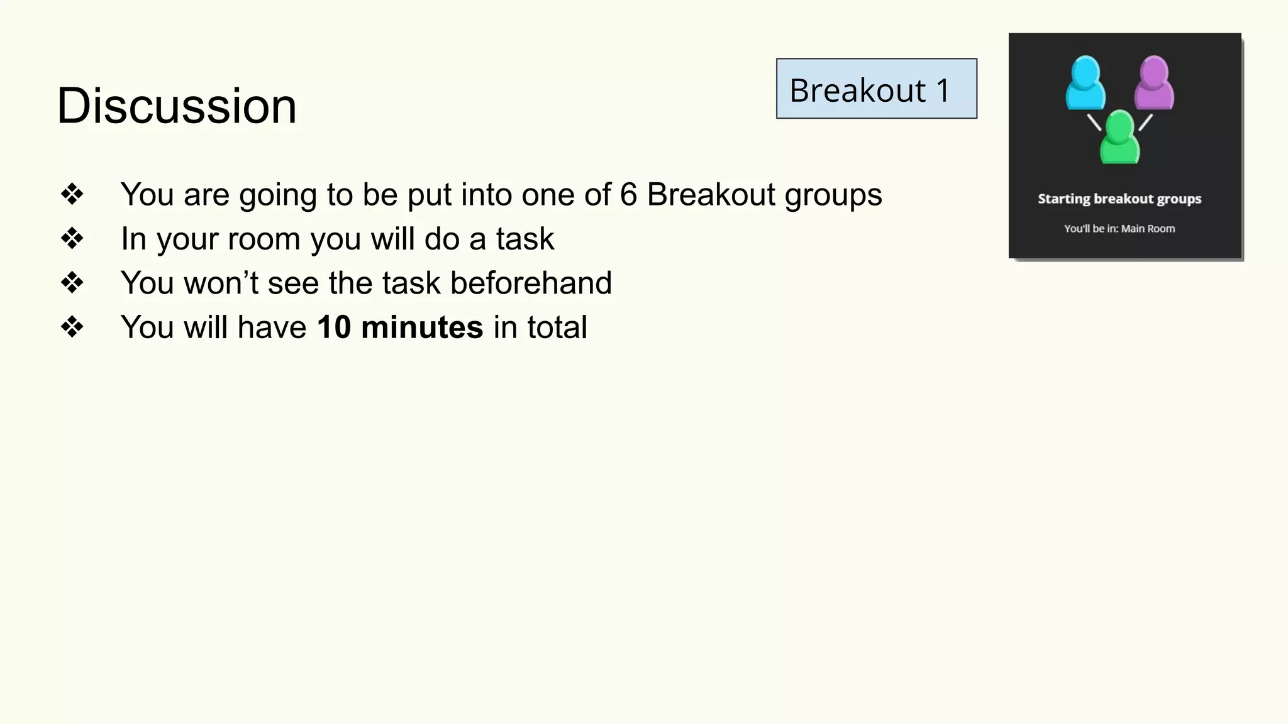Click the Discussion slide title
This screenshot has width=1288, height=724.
coord(177,106)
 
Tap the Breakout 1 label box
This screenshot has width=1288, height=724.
coord(876,89)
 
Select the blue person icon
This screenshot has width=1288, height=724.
coord(1085,83)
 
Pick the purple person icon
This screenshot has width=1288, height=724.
coord(1154,83)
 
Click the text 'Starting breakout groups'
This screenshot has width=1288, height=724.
coord(1119,199)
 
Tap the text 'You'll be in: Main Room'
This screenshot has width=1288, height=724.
coord(1119,229)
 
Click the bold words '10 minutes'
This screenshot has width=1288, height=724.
coord(400,327)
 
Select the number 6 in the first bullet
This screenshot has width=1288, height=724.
coord(628,194)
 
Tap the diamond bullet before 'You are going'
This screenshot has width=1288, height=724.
coord(72,194)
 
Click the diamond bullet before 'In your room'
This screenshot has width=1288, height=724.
coord(72,239)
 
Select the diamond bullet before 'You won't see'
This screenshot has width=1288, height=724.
coord(72,283)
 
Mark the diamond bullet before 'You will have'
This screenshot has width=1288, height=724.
coord(72,327)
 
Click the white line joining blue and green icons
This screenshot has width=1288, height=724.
coord(1094,122)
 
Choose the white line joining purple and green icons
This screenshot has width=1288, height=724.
coord(1145,122)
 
